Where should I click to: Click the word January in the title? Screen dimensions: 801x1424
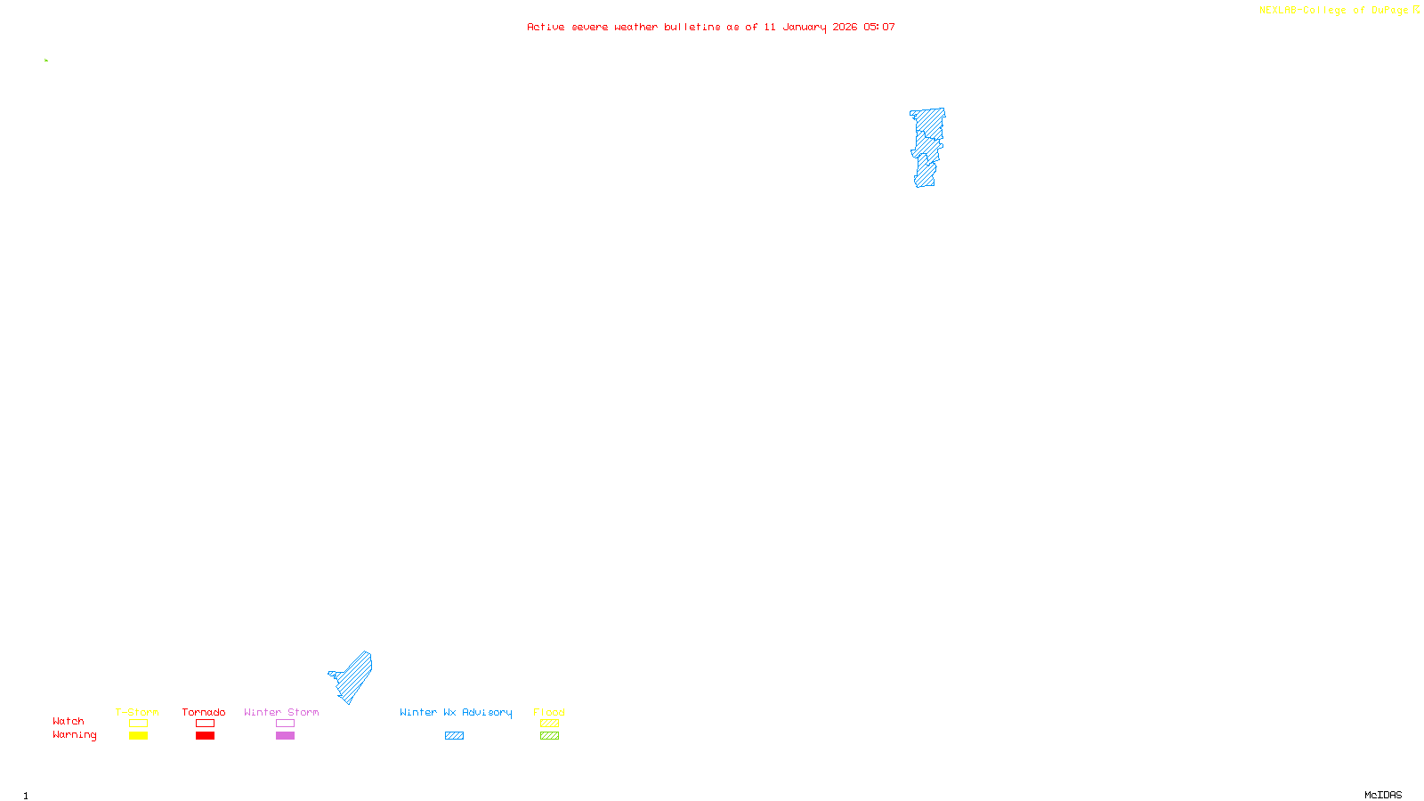point(804,27)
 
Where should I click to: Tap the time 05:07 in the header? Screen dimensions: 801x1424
point(879,27)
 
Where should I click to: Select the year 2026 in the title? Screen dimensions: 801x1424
point(845,27)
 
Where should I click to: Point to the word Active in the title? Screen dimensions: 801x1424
point(546,27)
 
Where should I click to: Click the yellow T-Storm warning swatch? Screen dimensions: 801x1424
point(138,736)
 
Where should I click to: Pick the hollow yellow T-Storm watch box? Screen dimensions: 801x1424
point(138,724)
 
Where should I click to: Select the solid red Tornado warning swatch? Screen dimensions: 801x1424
point(205,736)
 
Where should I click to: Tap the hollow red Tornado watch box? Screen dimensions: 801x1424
point(205,724)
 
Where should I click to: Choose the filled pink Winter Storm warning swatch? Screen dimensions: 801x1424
point(285,736)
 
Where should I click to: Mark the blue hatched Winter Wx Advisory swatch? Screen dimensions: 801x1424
point(454,736)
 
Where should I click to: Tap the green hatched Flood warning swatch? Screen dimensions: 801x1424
point(549,736)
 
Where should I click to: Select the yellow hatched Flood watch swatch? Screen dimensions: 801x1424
point(549,724)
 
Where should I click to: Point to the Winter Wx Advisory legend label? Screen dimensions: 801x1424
point(456,712)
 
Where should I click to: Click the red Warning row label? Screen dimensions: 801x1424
point(74,735)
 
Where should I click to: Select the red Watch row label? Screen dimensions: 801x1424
point(69,721)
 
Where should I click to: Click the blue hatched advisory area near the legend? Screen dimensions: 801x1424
point(354,676)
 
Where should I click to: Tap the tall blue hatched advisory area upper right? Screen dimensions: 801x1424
point(927,147)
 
